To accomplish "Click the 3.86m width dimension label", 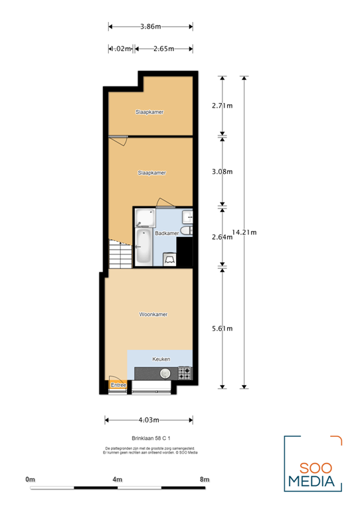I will (x=151, y=27).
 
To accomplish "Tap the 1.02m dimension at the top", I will (x=121, y=48).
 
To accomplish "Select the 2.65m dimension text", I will (x=163, y=48).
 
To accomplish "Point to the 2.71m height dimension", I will (x=222, y=106).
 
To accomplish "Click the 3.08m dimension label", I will (x=222, y=171).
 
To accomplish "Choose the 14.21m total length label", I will (x=244, y=232).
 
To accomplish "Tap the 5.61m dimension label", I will (x=222, y=328).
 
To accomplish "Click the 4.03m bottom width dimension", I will (x=149, y=420).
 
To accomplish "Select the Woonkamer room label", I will (x=153, y=314).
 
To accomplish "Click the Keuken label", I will (x=161, y=359).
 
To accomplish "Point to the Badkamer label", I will (x=166, y=233).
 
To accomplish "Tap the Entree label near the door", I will (x=118, y=384).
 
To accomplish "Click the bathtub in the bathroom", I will (x=143, y=247).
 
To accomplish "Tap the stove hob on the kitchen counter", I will (x=185, y=374).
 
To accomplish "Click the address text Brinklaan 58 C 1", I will (x=152, y=438).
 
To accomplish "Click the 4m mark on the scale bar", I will (x=118, y=479).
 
